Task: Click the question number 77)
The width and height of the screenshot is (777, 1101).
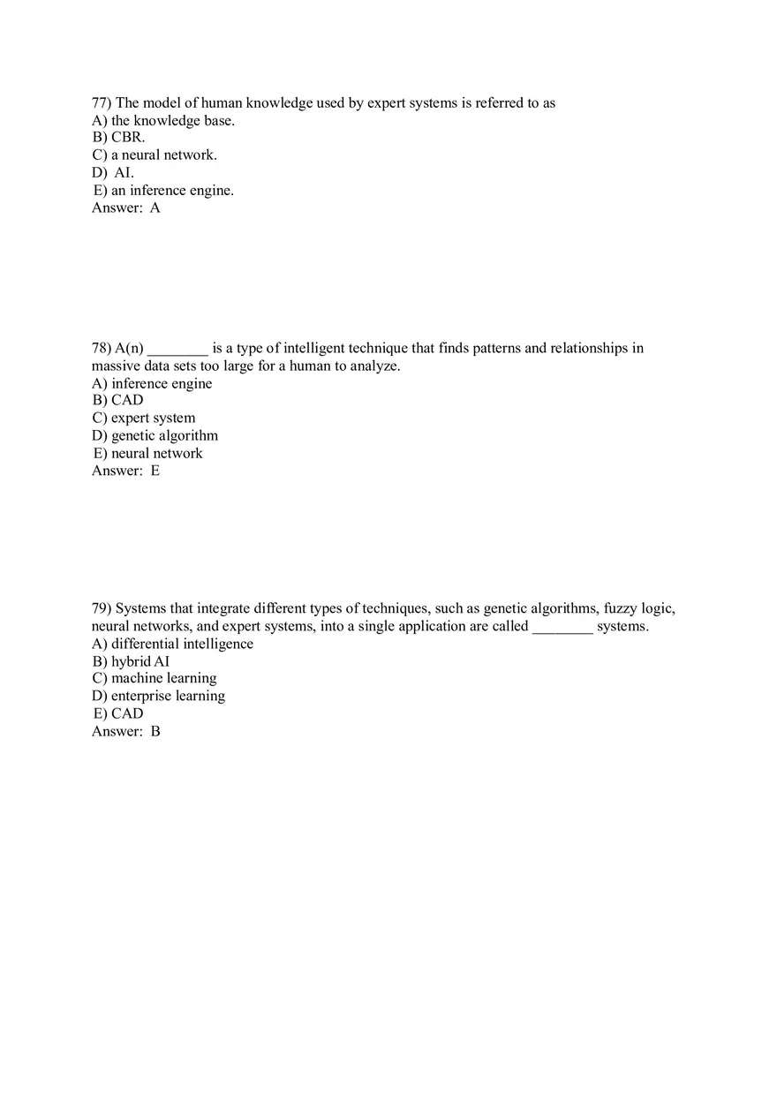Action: pos(102,103)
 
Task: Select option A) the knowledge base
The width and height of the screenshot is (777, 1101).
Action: pos(163,121)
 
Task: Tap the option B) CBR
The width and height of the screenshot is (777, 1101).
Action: pos(118,138)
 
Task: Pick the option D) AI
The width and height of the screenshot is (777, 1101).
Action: pos(113,173)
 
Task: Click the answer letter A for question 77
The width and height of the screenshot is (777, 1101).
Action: pos(155,208)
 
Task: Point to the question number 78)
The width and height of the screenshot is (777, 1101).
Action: pos(102,348)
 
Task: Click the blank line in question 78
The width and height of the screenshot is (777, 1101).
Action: pos(177,351)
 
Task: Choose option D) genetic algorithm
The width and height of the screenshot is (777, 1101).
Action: pos(155,435)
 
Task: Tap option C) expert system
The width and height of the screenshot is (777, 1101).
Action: pos(144,418)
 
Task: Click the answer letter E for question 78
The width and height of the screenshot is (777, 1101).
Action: pos(155,471)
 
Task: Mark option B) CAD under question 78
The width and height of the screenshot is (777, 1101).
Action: pos(117,400)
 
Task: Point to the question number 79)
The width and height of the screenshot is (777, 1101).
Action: pos(102,608)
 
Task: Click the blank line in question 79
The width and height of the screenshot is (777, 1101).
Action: pos(562,630)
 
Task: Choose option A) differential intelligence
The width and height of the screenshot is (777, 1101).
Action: pos(172,644)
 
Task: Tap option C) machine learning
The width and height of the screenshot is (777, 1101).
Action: pos(155,678)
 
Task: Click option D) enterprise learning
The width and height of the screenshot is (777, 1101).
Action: pos(159,696)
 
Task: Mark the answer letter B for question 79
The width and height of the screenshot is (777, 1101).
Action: pos(155,731)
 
